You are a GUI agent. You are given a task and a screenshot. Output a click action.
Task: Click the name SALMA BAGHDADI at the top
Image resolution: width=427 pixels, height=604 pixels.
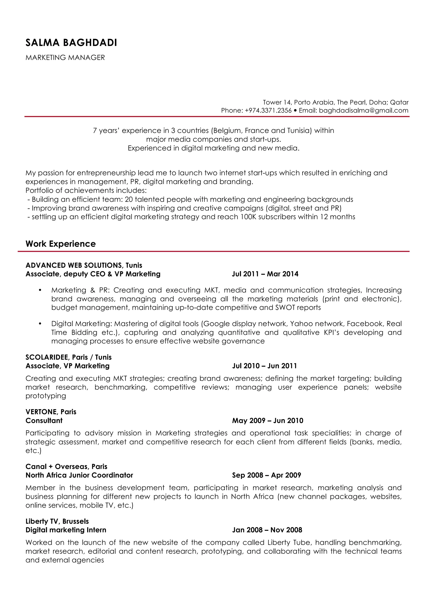coord(71,43)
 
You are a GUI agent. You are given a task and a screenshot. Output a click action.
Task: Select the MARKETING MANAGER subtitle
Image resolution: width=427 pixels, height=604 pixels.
coord(65,57)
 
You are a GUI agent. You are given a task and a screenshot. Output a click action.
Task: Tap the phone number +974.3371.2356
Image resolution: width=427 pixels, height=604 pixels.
coord(268,110)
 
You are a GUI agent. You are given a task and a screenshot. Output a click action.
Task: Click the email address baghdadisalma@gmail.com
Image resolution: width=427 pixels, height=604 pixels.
coord(364,110)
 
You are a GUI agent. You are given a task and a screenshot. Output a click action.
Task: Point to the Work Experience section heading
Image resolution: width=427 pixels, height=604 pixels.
coord(60,244)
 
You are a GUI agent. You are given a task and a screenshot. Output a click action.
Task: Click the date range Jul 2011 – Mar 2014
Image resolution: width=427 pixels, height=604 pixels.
coord(265,274)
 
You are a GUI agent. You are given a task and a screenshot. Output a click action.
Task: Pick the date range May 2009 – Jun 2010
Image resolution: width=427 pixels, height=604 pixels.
coord(268,421)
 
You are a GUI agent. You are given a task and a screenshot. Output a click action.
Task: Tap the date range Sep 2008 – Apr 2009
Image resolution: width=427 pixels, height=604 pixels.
coord(266,475)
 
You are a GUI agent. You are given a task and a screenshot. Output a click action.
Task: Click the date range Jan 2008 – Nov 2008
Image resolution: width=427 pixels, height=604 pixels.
coord(267,530)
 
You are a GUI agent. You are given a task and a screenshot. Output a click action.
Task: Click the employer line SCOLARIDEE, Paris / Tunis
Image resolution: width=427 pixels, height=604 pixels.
coord(68,357)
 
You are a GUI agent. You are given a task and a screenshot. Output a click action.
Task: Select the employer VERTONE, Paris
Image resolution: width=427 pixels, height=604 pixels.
coord(51,412)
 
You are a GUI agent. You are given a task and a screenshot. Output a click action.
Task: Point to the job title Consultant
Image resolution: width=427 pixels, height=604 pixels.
coord(44,421)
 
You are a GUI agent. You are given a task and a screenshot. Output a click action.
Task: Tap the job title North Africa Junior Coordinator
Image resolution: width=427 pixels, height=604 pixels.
coord(79,475)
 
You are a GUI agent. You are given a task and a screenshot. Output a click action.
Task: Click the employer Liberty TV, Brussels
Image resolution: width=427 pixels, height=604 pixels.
coord(57,521)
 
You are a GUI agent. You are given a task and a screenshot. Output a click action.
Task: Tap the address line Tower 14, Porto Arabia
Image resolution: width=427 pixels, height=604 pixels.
coord(335,102)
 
